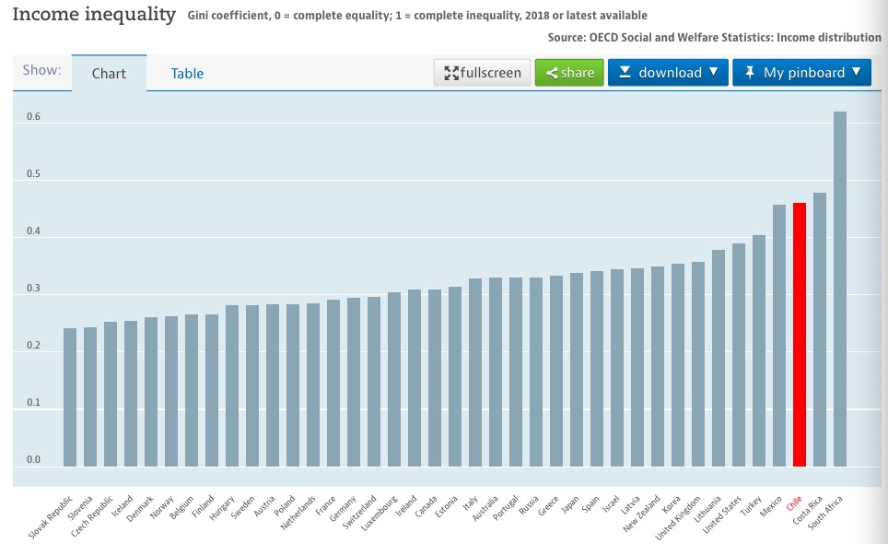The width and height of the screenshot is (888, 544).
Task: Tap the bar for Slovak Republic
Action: point(70,397)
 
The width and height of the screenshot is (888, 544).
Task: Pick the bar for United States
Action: point(738,355)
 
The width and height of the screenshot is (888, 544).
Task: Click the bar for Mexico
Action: point(778,336)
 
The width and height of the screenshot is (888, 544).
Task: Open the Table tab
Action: point(187,74)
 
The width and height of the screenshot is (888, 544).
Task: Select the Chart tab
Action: point(109,74)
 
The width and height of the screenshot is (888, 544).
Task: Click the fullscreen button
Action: point(483,73)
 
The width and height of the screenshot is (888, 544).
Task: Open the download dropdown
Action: point(668,73)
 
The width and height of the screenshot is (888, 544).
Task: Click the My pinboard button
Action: point(801,73)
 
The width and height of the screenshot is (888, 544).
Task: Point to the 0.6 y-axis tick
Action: point(34,117)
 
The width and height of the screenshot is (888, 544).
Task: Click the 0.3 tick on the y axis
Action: point(34,289)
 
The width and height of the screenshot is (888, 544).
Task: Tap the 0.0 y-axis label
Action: point(34,459)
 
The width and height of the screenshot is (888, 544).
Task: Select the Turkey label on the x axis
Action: point(752,506)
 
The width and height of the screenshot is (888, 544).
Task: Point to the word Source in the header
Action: point(568,38)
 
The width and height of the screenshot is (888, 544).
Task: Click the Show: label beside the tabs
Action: point(41,70)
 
